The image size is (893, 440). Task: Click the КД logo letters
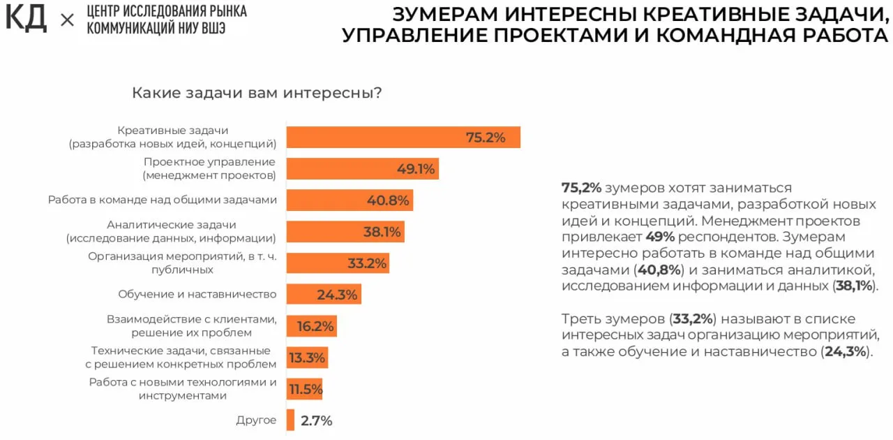(x=26, y=19)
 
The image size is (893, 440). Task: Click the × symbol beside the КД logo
(x=67, y=20)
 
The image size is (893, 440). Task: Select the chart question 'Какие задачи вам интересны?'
(x=257, y=93)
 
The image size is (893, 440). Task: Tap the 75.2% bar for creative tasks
(x=403, y=138)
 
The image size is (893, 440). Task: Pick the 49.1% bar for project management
(x=362, y=169)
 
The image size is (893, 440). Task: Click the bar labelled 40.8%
(x=350, y=200)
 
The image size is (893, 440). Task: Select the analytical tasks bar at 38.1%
(x=345, y=232)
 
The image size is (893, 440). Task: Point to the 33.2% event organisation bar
(x=338, y=263)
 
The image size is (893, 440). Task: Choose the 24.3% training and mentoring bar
(x=324, y=295)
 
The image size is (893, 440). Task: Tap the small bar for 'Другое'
(x=291, y=420)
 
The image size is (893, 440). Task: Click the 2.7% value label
(x=317, y=420)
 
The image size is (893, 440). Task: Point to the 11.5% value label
(x=306, y=389)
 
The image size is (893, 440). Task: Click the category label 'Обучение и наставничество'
(x=197, y=295)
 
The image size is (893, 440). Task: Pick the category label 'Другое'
(x=257, y=420)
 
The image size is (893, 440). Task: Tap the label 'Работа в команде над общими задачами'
(x=163, y=200)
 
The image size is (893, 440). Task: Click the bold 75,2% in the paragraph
(x=581, y=188)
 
